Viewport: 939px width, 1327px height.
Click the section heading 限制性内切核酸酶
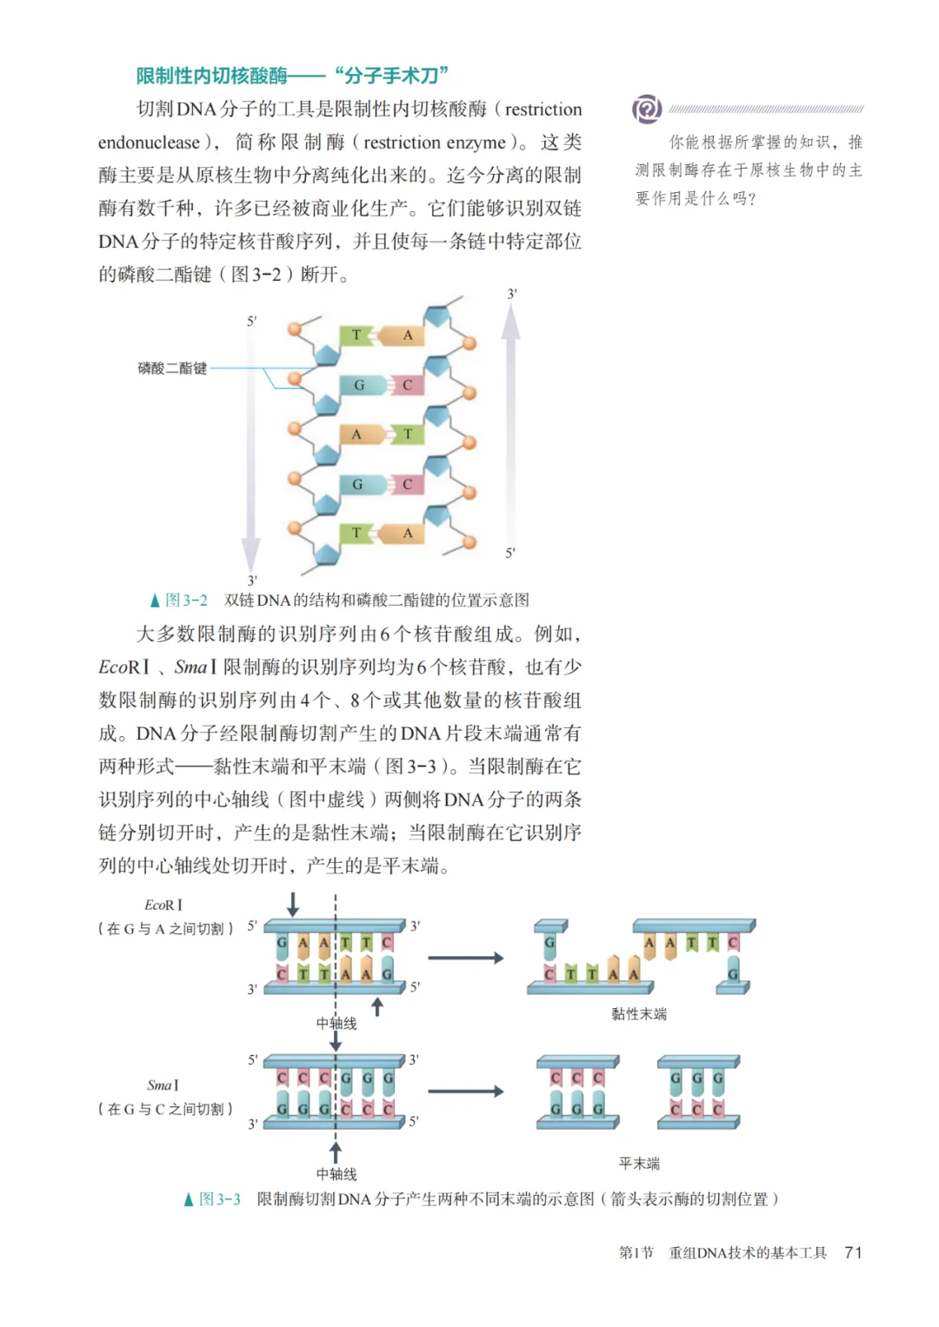point(211,76)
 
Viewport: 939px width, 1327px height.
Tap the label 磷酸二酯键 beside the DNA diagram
point(172,368)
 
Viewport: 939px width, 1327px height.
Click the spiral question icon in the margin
point(646,109)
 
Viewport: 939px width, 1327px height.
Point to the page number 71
point(853,1252)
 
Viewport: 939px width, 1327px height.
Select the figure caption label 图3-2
point(186,600)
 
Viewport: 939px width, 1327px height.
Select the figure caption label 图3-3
point(219,1199)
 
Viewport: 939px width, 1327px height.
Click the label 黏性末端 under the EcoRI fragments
point(639,1014)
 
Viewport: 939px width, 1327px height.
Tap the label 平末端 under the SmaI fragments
point(639,1164)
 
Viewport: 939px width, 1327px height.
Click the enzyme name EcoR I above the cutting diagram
point(163,906)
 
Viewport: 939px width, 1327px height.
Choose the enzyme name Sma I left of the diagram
point(163,1085)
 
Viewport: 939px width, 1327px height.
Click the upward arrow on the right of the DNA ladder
point(511,417)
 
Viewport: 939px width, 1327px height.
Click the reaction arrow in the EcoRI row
point(465,958)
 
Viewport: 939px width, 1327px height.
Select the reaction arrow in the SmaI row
point(465,1091)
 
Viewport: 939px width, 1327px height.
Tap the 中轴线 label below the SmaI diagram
point(336,1174)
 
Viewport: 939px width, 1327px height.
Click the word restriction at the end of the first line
point(543,109)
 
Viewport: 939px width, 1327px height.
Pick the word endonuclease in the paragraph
point(149,143)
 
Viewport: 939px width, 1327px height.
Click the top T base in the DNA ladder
point(356,335)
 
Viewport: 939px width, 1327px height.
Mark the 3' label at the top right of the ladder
point(512,294)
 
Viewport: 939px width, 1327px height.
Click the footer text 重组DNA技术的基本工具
point(747,1252)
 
